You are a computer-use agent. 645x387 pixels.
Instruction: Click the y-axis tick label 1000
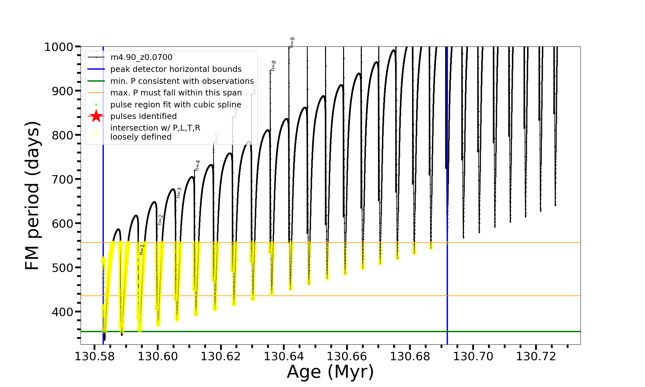[x=59, y=47]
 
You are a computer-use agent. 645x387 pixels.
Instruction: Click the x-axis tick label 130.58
[x=94, y=356]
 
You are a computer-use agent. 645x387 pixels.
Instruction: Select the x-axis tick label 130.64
[x=284, y=356]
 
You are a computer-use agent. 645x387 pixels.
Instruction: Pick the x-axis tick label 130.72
[x=536, y=356]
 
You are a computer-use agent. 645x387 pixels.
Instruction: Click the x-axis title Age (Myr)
[x=330, y=372]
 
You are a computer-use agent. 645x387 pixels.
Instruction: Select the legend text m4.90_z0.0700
[x=141, y=57]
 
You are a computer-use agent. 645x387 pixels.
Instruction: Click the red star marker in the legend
[x=96, y=116]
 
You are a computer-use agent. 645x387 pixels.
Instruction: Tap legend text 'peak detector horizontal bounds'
[x=176, y=69]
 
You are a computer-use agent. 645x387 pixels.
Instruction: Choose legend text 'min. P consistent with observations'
[x=182, y=81]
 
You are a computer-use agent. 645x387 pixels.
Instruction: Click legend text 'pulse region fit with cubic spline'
[x=176, y=104]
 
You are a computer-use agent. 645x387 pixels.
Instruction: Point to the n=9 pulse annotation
[x=292, y=43]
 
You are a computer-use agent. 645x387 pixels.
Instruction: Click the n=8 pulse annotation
[x=273, y=66]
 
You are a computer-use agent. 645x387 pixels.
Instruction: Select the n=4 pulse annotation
[x=198, y=165]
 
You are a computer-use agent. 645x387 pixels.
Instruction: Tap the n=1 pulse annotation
[x=142, y=250]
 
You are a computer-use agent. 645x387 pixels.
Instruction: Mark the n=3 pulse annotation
[x=179, y=193]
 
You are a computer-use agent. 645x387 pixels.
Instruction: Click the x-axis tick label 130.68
[x=410, y=356]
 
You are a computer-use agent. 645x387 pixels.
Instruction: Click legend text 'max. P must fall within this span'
[x=176, y=93]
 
